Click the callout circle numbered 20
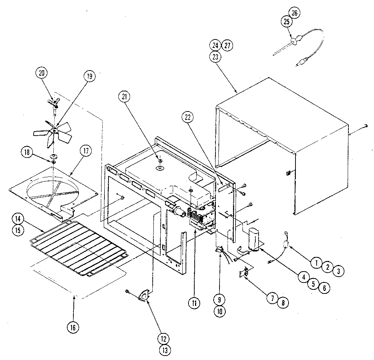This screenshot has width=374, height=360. [41, 73]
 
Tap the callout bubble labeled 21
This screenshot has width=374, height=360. [124, 97]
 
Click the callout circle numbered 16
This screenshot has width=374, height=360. [73, 327]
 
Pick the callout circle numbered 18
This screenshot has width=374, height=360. [27, 152]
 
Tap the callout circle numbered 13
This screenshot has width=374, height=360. [165, 350]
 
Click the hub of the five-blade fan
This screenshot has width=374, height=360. [54, 130]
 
